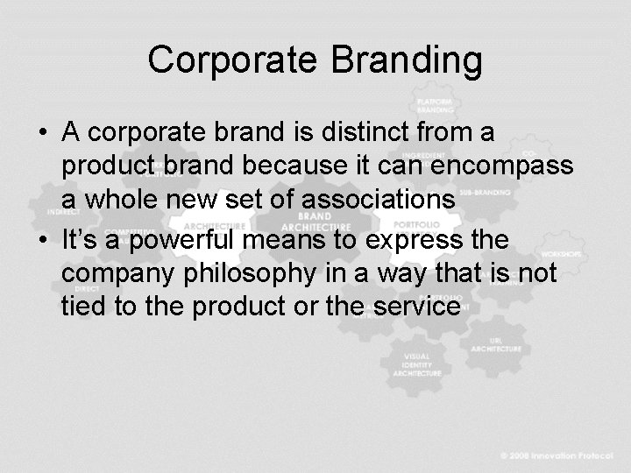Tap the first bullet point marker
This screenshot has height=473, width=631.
pyautogui.click(x=43, y=133)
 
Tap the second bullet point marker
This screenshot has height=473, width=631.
pyautogui.click(x=43, y=240)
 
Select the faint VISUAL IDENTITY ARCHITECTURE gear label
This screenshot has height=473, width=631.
pyautogui.click(x=417, y=364)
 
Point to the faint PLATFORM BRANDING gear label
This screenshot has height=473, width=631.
pyautogui.click(x=435, y=104)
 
